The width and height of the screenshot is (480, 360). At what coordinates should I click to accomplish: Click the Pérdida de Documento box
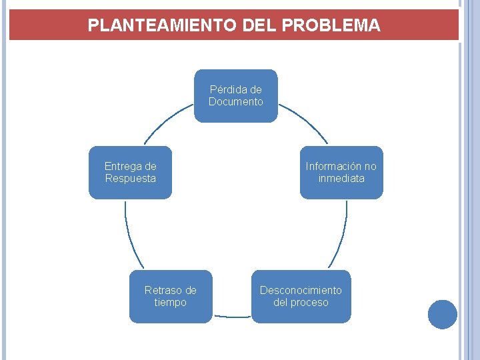click(x=235, y=96)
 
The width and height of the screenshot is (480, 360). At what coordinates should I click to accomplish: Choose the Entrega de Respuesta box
click(x=130, y=173)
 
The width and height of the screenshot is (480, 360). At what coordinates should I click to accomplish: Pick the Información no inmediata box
click(x=341, y=173)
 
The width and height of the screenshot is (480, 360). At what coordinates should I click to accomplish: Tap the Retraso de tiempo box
click(x=171, y=297)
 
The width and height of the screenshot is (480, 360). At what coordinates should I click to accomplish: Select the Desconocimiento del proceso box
click(x=301, y=297)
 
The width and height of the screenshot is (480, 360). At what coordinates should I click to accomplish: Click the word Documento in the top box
click(x=236, y=102)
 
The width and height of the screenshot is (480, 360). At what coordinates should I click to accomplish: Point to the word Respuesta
click(x=130, y=179)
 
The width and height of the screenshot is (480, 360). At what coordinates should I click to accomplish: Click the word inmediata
click(x=341, y=179)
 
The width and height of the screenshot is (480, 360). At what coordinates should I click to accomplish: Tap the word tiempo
click(x=171, y=303)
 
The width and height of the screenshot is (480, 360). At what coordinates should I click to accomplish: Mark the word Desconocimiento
click(x=301, y=291)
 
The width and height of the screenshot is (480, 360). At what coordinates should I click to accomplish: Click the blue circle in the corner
click(x=443, y=314)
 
